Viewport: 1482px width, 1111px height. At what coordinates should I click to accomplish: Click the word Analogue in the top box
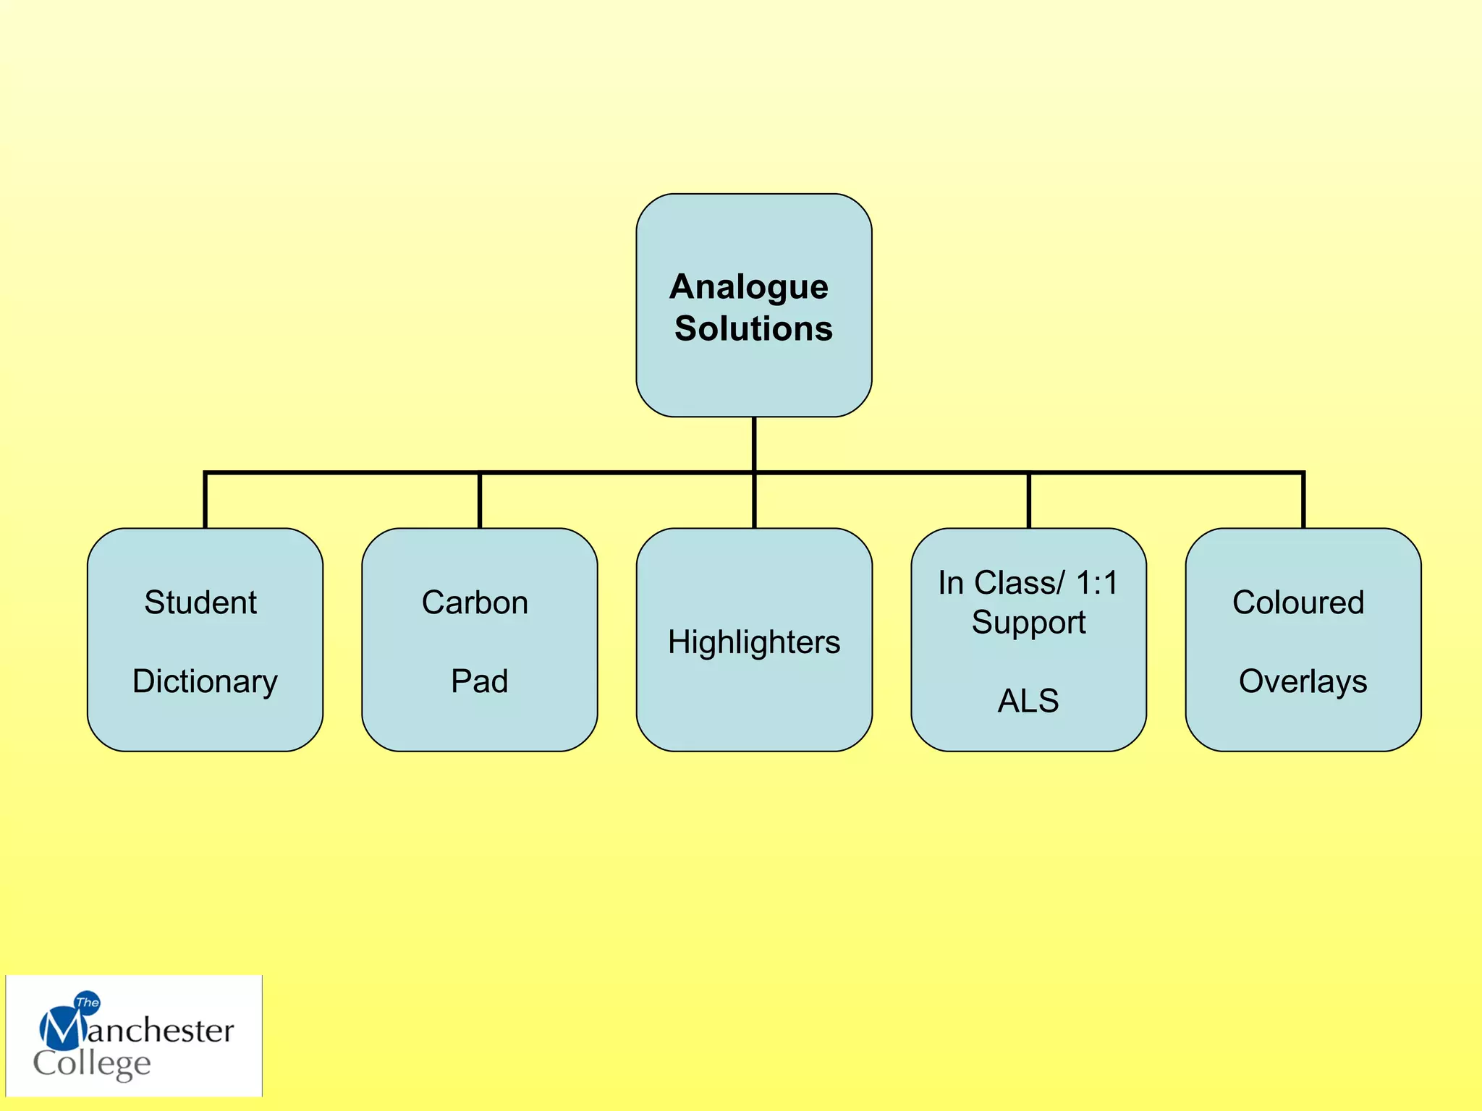coord(749,287)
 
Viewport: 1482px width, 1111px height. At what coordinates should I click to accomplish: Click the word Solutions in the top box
coord(753,328)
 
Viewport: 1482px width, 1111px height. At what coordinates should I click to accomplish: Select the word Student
coord(200,603)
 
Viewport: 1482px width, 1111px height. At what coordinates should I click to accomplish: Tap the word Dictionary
coord(205,681)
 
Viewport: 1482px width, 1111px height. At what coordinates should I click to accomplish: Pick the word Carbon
coord(475,603)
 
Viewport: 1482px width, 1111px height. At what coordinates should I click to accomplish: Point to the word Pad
coord(479,681)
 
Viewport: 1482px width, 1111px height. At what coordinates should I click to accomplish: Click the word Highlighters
coord(754,642)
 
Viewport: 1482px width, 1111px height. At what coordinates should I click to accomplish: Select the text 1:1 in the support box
coord(1096,583)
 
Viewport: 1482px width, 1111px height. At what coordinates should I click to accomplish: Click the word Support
coord(1028,623)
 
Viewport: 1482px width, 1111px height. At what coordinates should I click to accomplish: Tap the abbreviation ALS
coord(1028,701)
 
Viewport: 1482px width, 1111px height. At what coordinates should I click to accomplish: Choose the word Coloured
coord(1298,603)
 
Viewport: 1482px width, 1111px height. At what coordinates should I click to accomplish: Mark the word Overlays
coord(1303,681)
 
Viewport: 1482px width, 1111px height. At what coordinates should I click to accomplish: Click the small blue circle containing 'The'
coord(88,1002)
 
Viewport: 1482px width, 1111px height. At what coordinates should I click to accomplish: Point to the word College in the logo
coord(92,1064)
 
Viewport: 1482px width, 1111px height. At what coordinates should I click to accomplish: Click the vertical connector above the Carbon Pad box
coord(480,501)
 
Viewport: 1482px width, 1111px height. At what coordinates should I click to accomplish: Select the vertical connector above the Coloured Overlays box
coord(1303,501)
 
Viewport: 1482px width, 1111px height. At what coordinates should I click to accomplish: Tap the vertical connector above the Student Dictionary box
coord(206,501)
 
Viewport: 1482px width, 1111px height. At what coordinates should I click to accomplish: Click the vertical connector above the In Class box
coord(1028,501)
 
